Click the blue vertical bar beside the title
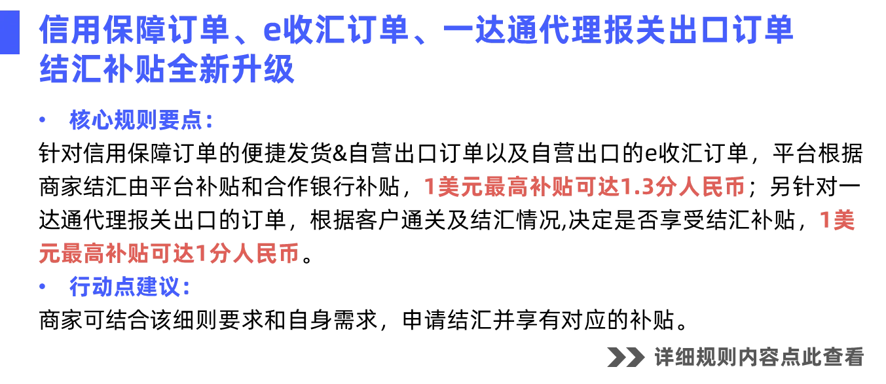coord(10,37)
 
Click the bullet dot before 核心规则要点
coord(43,121)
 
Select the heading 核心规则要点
coord(141,121)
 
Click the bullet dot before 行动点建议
coord(43,287)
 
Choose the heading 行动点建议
coord(128,287)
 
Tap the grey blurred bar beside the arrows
coord(759,357)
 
